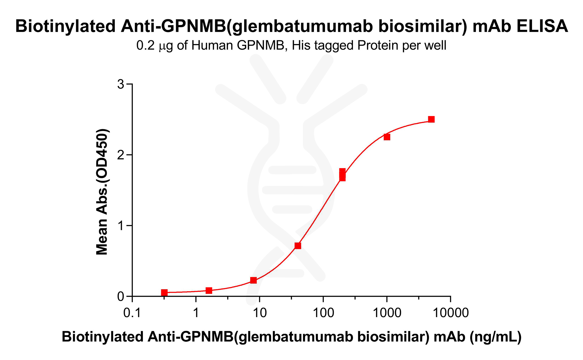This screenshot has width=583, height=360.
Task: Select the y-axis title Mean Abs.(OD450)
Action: click(102, 192)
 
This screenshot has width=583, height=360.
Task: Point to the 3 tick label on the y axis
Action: click(120, 85)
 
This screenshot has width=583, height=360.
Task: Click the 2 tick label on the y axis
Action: click(120, 155)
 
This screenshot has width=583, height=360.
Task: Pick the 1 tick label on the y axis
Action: click(120, 226)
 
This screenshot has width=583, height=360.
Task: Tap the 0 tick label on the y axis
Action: click(120, 296)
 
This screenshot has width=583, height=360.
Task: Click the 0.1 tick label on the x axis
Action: click(132, 313)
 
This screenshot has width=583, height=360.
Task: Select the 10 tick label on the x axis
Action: click(259, 313)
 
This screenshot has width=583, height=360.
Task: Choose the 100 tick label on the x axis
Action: click(323, 313)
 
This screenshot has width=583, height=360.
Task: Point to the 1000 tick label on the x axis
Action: click(387, 313)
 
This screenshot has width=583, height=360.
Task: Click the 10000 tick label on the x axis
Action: click(451, 313)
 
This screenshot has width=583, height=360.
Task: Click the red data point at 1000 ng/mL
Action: click(387, 137)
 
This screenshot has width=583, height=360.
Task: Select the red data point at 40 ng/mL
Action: click(298, 246)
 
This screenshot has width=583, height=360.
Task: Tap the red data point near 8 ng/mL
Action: click(253, 280)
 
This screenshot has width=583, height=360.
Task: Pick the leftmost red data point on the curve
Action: click(164, 292)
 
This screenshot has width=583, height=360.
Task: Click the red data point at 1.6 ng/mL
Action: click(209, 290)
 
